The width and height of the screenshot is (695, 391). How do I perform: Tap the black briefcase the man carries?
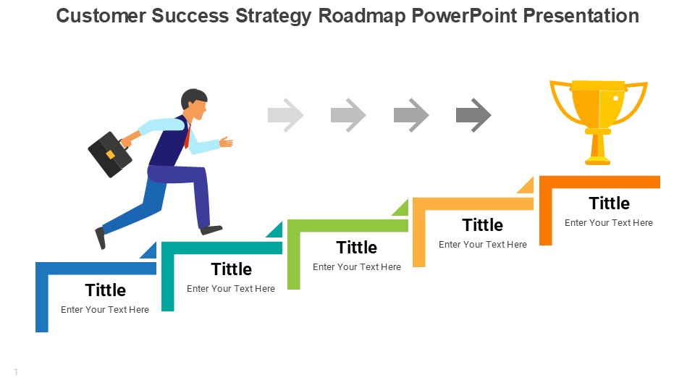pos(110,155)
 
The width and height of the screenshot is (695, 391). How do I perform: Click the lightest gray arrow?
pos(286,115)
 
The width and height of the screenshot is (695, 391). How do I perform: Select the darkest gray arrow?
pos(473,115)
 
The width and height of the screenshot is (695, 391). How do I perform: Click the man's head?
pos(195,104)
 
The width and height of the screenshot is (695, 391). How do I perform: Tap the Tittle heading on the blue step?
pos(106,290)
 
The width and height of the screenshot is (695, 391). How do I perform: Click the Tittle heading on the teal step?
pos(232,269)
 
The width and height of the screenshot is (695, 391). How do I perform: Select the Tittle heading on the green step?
pos(357,248)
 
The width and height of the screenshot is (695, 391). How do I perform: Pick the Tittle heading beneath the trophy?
pos(610,203)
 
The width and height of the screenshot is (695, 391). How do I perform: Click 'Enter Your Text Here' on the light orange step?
pos(483,245)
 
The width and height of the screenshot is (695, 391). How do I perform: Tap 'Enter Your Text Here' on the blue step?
pos(105,310)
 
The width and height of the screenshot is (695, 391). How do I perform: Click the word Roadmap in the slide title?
pos(362,16)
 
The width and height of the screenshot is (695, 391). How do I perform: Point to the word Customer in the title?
pos(101,16)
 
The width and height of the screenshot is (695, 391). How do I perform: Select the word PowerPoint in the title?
pos(465,16)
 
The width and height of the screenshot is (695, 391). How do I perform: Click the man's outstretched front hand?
pos(226,142)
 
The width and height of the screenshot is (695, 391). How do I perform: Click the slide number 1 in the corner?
pos(16,372)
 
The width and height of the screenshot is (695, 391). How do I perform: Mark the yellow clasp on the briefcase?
pos(110,154)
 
